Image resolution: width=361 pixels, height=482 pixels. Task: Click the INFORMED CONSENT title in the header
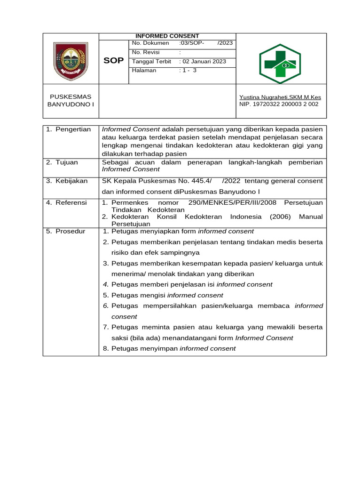(167, 36)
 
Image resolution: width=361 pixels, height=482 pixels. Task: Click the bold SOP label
(113, 61)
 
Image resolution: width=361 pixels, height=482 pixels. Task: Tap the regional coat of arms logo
(70, 61)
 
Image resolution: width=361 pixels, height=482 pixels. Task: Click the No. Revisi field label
(146, 52)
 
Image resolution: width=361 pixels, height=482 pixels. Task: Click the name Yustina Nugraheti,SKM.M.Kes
(280, 97)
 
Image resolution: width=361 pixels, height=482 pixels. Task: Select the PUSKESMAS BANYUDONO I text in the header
(71, 101)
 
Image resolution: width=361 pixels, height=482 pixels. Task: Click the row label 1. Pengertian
(69, 129)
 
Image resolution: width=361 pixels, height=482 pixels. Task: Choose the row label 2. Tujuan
(63, 162)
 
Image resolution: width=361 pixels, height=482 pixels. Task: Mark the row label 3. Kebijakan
(67, 181)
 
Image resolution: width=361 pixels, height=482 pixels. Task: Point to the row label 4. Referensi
(67, 202)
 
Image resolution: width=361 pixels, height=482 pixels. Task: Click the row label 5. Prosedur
(66, 231)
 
